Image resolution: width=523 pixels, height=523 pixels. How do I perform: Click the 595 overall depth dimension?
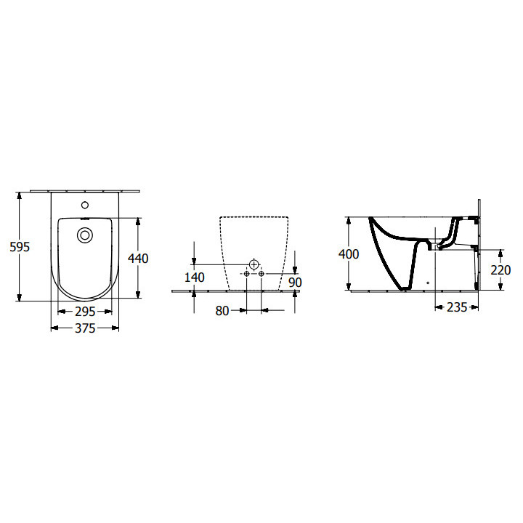pyautogui.click(x=20, y=247)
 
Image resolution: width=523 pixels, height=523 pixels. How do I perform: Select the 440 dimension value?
pyautogui.click(x=138, y=258)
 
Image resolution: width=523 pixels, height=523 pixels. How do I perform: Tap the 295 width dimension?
pyautogui.click(x=85, y=311)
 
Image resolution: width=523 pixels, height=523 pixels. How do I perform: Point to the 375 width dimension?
pyautogui.click(x=85, y=328)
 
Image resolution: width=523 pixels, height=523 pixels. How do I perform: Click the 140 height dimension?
pyautogui.click(x=194, y=277)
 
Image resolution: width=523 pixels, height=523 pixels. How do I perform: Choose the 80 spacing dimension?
pyautogui.click(x=222, y=310)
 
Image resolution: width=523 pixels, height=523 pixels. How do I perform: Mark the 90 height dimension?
pyautogui.click(x=294, y=282)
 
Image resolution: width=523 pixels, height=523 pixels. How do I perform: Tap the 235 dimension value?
pyautogui.click(x=455, y=307)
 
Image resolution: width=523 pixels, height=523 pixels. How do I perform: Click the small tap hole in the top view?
pyautogui.click(x=85, y=205)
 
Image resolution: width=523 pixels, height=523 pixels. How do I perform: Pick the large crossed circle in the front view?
pyautogui.click(x=254, y=263)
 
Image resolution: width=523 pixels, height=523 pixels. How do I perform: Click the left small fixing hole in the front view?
pyautogui.click(x=246, y=275)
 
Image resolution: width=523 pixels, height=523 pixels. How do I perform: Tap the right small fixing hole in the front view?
pyautogui.click(x=261, y=275)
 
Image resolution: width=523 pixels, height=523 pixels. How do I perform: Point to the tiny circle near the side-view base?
pyautogui.click(x=428, y=282)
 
